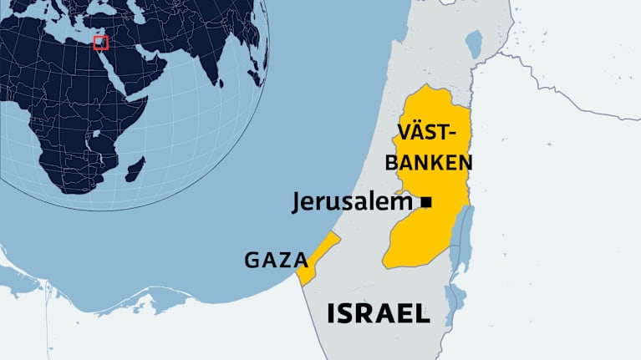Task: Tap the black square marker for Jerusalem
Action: (426, 201)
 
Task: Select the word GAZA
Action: (277, 260)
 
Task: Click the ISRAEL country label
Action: (378, 313)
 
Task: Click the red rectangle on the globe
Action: (101, 42)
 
